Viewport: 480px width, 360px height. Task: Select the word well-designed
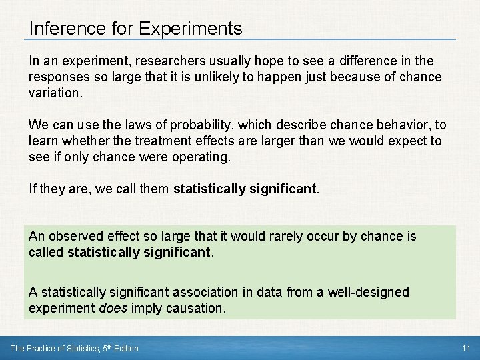coord(373,293)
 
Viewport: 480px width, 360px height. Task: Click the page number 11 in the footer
coord(465,349)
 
